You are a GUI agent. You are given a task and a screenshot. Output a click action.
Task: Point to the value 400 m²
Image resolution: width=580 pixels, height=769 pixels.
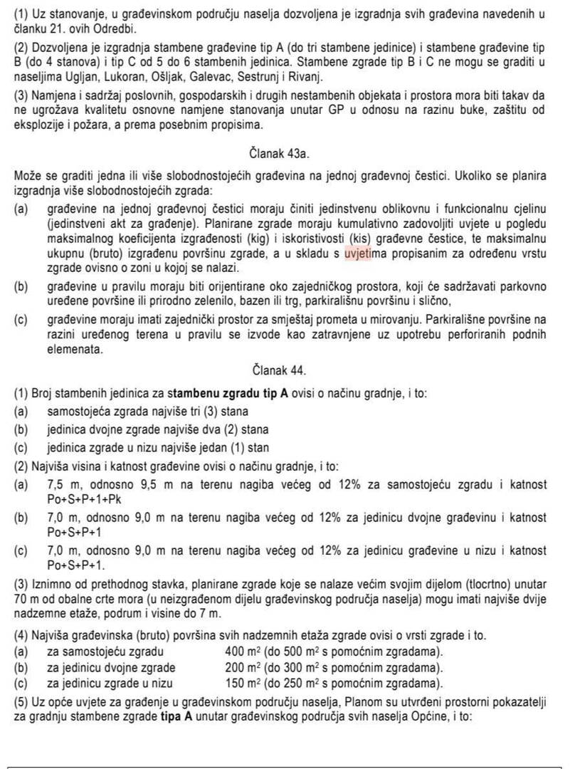(x=243, y=652)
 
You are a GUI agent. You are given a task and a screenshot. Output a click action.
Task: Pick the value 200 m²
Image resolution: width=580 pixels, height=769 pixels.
(x=243, y=667)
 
